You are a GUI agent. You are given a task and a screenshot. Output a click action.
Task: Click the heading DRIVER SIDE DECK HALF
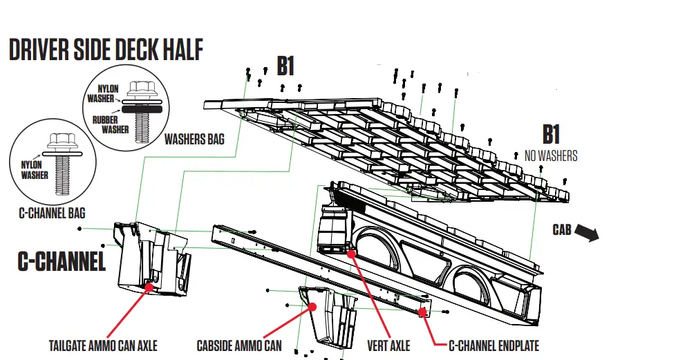click(106, 51)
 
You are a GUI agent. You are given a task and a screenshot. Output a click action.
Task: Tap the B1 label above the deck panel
click(285, 66)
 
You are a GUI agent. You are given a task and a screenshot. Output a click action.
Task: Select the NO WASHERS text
click(551, 156)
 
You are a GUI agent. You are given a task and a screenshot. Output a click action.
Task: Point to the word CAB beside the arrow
click(561, 229)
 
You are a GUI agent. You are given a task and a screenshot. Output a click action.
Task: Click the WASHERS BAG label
click(194, 139)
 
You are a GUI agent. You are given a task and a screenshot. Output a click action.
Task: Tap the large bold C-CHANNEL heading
click(62, 262)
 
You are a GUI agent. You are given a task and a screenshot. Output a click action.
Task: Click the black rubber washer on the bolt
click(142, 108)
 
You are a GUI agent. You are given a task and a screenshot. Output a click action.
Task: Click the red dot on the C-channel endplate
click(422, 312)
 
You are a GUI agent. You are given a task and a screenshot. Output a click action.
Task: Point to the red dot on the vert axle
click(351, 253)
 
